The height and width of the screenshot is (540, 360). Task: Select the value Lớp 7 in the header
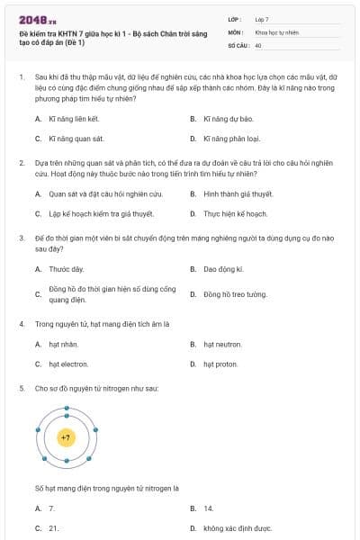point(262,19)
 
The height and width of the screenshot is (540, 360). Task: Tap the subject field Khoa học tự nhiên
point(276,31)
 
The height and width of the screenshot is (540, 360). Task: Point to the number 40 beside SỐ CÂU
point(258,44)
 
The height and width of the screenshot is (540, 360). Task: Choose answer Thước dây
point(66,269)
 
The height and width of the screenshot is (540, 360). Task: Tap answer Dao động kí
point(223,269)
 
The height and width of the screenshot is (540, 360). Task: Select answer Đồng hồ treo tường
point(235,294)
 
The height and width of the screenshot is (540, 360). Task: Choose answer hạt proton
point(220,364)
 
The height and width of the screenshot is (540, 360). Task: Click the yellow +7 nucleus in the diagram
point(67,437)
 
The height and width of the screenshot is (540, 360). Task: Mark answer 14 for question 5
point(209,508)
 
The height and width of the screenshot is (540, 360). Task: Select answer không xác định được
point(238,529)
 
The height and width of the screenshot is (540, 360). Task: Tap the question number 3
point(22,238)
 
